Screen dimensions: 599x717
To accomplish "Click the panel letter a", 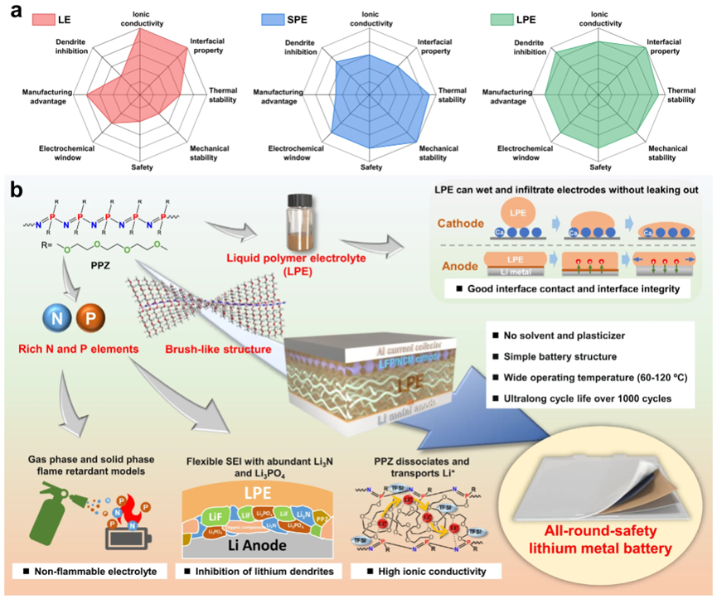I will (x=15, y=12).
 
